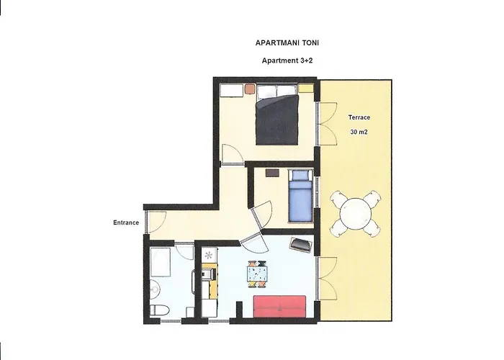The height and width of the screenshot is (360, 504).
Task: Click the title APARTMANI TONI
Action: point(287,42)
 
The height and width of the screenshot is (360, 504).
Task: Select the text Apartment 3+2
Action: point(287,60)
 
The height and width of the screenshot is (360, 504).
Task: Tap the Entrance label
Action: point(126,222)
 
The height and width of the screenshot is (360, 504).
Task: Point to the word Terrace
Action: point(359,117)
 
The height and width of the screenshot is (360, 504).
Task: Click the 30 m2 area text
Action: point(359,132)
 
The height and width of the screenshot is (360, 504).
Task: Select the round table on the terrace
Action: point(356,214)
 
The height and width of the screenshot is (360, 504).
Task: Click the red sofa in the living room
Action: point(279,307)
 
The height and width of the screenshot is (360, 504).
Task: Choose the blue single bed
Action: point(300,196)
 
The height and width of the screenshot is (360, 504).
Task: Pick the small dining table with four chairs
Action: point(258,274)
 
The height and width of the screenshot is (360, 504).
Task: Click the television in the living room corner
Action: point(301,244)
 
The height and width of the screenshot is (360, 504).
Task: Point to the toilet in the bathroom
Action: point(160,310)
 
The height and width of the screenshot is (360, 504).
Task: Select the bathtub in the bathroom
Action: point(160,262)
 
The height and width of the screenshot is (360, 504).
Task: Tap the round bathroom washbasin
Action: point(155,289)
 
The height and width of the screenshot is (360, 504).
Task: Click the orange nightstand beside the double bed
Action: point(250,89)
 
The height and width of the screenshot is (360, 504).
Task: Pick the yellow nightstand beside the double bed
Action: point(306,88)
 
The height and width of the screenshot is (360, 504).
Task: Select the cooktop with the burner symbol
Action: point(210,255)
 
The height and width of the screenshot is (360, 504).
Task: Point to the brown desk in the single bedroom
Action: point(273,173)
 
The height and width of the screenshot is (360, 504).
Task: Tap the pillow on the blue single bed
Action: point(300,175)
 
